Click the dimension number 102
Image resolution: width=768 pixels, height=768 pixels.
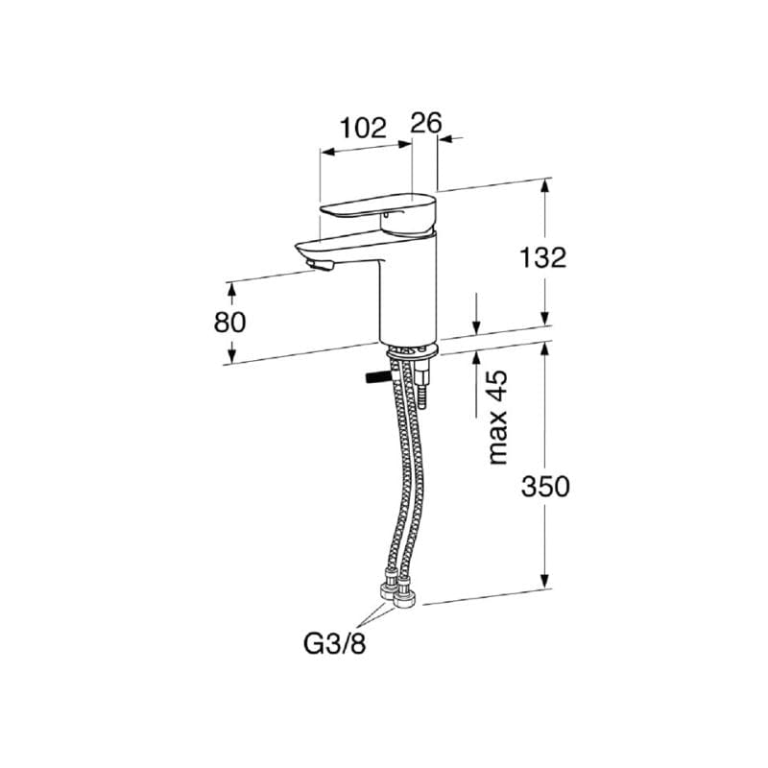[x=364, y=129]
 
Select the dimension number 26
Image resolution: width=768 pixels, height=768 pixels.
[x=426, y=123]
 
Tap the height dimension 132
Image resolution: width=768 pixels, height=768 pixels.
[x=542, y=257]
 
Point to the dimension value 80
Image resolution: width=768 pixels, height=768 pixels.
[x=229, y=323]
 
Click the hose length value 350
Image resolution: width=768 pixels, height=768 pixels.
[x=545, y=487]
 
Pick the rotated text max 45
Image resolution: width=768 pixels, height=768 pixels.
[x=498, y=418]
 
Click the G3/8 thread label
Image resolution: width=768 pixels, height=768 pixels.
[x=335, y=644]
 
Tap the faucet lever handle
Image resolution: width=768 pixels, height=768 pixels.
[x=377, y=212]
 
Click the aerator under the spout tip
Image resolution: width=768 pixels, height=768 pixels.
[x=320, y=266]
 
